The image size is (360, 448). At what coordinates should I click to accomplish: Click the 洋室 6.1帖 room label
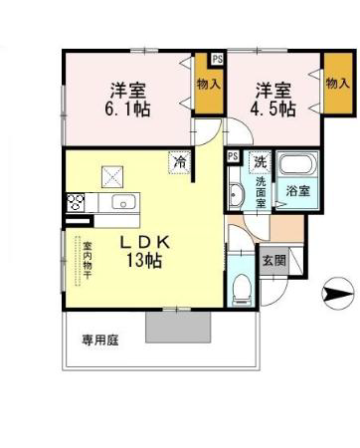coord(127,100)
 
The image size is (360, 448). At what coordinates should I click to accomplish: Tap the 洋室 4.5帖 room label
coord(272,100)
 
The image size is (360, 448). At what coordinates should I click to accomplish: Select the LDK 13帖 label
coord(144,251)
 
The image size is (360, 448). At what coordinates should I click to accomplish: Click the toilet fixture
coord(242,289)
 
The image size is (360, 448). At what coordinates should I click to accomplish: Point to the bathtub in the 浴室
coord(297,163)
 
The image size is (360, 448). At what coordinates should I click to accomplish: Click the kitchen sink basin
coord(123,202)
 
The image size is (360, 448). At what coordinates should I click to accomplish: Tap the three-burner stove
coord(76,202)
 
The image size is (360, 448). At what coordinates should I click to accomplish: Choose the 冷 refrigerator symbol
coord(180,162)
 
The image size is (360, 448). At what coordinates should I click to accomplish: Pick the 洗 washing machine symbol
coord(261,162)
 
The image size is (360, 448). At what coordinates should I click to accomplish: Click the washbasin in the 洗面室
coord(237,194)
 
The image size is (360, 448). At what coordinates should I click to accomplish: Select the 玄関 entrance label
coord(274,261)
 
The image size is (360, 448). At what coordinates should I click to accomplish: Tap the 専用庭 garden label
coord(100,340)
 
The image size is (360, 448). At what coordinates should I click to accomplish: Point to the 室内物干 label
coord(88,260)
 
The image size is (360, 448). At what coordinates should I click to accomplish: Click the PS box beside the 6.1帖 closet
coord(218,60)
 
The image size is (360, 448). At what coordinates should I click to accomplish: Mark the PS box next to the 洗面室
coord(234,156)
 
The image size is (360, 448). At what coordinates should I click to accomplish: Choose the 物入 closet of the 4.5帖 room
coord(338,84)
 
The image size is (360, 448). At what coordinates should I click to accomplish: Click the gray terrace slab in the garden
coord(178,327)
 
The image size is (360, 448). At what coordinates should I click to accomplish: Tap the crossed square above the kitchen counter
coord(112,176)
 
